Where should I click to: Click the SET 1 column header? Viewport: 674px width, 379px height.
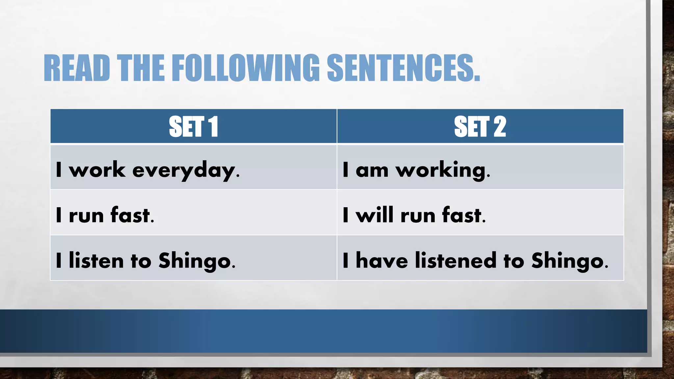194,127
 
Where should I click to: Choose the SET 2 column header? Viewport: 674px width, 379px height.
480,127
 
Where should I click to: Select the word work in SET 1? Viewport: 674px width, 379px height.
97,170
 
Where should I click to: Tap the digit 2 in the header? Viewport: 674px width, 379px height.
500,127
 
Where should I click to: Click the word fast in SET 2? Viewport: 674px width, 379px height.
462,215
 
